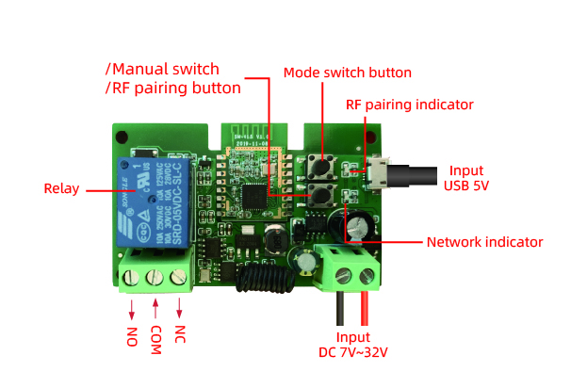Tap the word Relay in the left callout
tap(62, 188)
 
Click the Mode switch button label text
tap(347, 73)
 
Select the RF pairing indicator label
tap(409, 105)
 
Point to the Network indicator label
tap(484, 242)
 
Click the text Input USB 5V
tap(467, 178)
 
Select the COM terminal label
tap(156, 340)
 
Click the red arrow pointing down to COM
tap(155, 309)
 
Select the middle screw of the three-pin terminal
tap(155, 277)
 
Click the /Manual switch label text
tap(162, 69)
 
